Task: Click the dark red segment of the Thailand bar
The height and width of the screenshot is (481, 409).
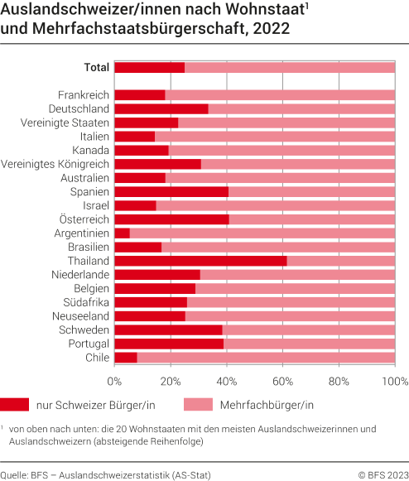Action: click(200, 261)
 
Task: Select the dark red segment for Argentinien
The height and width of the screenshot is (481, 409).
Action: click(122, 233)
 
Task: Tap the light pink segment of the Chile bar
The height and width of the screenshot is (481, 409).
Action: click(266, 357)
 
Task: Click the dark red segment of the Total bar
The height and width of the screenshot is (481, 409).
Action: click(149, 68)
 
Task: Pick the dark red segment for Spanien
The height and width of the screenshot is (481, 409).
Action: click(171, 192)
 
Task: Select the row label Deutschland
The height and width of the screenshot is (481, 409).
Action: click(79, 109)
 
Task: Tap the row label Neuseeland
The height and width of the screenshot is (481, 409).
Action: click(79, 315)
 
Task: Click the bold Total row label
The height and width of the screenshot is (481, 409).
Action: click(96, 68)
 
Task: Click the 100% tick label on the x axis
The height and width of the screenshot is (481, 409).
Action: click(395, 382)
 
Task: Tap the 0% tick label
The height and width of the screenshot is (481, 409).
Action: click(114, 382)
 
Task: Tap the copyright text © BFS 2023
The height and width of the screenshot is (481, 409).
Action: click(382, 474)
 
